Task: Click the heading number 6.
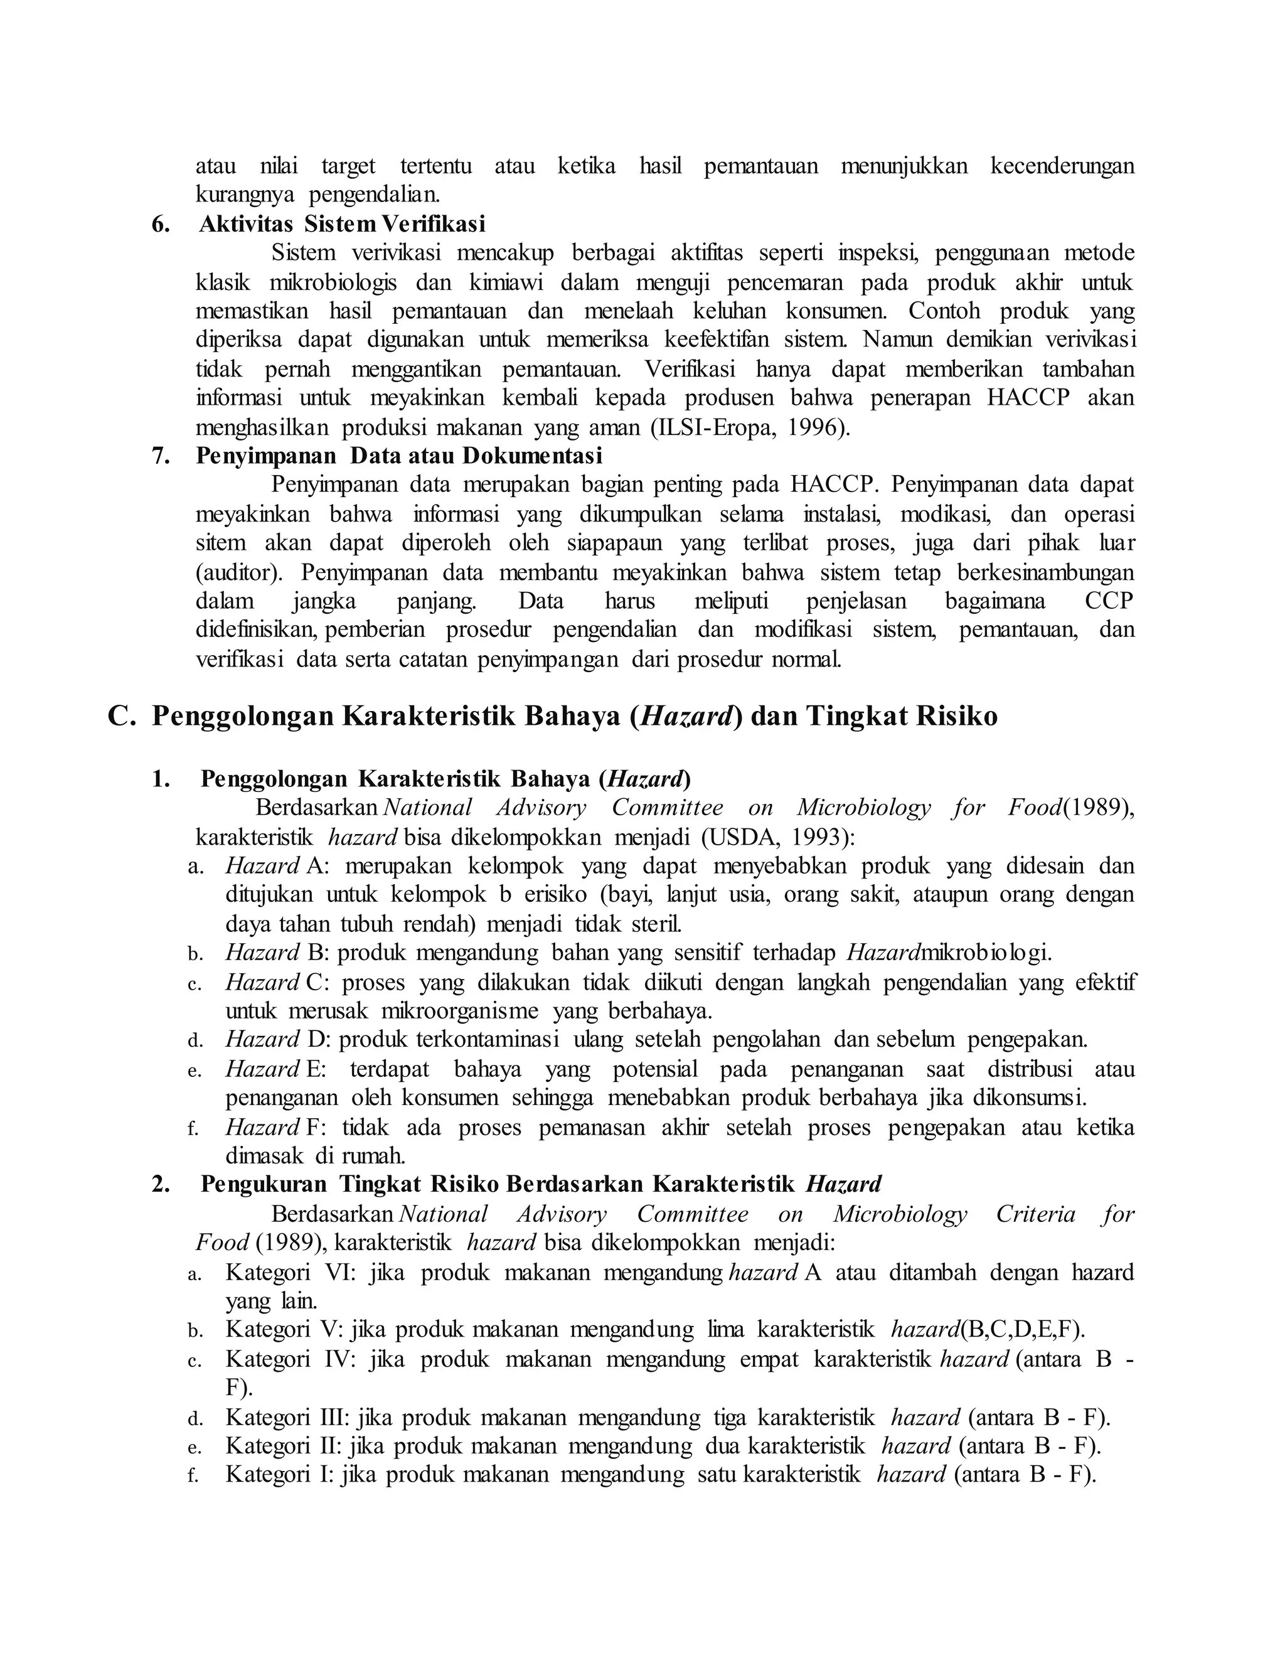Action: click(x=160, y=225)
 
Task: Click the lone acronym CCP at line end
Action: click(x=1109, y=602)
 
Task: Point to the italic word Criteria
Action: click(x=1035, y=1214)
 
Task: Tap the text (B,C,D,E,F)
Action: click(x=1021, y=1330)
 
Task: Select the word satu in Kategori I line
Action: click(x=717, y=1475)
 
